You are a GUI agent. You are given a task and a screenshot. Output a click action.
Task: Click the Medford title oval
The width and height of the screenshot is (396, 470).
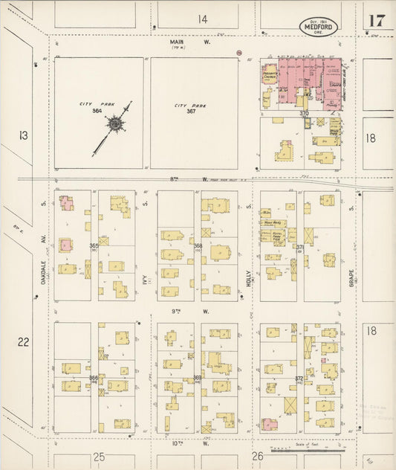pos(319,27)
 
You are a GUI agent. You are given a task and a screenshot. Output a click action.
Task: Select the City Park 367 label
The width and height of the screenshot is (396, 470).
pos(190,109)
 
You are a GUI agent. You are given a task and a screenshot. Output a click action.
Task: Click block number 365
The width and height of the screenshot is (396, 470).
pos(94,245)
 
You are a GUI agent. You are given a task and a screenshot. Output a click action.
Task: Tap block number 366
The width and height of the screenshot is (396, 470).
pos(94,378)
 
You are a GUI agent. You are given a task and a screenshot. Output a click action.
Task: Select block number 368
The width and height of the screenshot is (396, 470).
pos(198,245)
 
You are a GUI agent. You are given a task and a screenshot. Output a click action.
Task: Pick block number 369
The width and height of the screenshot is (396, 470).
pos(198,378)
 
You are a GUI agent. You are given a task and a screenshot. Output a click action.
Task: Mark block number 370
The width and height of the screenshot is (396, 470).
pos(304,113)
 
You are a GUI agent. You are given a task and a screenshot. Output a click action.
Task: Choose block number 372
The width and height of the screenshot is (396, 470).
pos(300,378)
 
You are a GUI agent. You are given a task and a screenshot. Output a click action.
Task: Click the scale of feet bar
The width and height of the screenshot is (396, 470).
pos(308,450)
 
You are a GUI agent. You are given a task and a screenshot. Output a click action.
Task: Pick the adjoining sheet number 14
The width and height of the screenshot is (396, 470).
pos(202,19)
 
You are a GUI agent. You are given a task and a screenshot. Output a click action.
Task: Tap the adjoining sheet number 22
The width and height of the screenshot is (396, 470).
pos(24,341)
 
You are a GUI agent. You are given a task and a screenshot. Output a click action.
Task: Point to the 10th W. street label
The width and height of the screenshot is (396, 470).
pos(177,443)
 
